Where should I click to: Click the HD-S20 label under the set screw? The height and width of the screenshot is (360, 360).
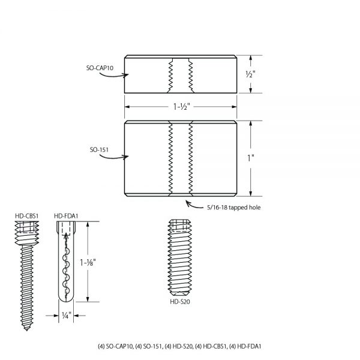click(180, 302)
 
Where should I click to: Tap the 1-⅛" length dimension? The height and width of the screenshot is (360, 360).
click(89, 262)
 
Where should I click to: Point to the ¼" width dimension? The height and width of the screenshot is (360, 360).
click(66, 314)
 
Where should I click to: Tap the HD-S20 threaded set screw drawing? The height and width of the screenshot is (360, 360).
click(180, 258)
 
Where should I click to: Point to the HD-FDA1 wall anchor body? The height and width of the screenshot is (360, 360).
click(65, 264)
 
